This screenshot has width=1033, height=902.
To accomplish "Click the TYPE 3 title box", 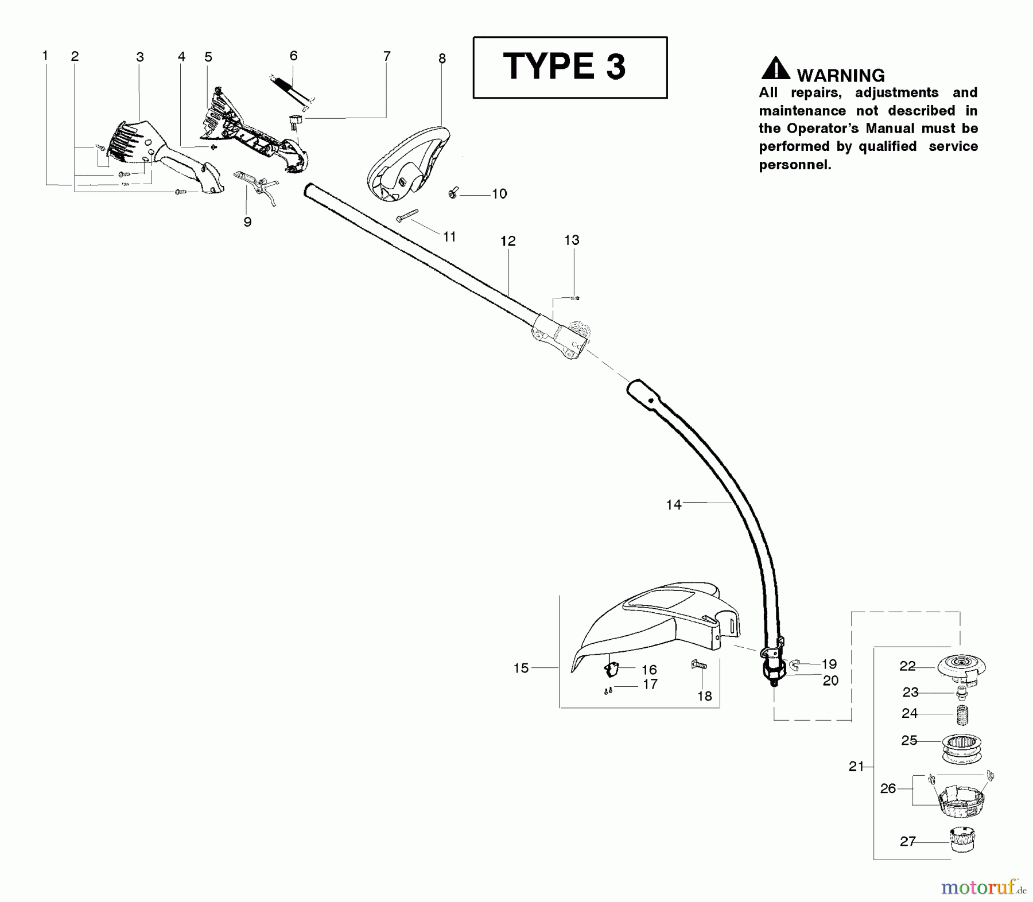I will point(569,67).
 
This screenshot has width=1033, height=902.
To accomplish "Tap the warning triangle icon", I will point(775,68).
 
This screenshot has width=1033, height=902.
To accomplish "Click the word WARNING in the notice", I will point(840,75).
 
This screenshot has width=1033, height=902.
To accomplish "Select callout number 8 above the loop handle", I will point(442,58).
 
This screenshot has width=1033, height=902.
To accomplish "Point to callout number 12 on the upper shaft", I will point(508,241).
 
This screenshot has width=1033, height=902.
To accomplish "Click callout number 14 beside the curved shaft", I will point(673,505).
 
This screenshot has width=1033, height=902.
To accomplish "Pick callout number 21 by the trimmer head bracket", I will point(856,767).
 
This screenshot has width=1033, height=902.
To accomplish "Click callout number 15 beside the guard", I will point(521,668).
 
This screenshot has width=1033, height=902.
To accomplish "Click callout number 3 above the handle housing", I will point(140,57).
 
